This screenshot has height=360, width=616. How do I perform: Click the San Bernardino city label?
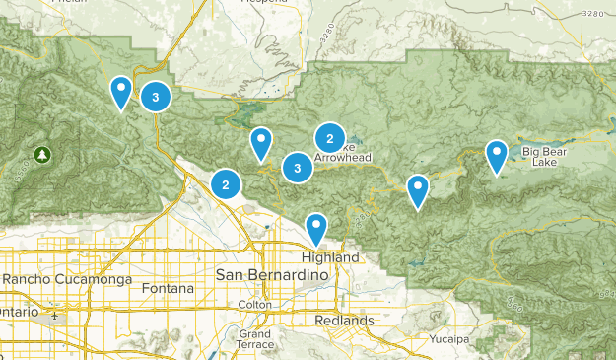(263, 272)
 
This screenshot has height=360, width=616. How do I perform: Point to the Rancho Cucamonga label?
(66, 279)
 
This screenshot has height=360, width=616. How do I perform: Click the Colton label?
(254, 305)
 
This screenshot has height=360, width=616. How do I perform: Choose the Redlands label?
(345, 321)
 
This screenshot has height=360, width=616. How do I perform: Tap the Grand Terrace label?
(254, 339)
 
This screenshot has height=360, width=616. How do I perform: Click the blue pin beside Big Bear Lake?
(497, 155)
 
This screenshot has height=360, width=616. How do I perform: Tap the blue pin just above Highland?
(315, 228)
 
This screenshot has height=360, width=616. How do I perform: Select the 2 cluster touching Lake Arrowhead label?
(329, 139)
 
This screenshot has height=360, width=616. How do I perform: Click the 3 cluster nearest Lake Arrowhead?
(298, 169)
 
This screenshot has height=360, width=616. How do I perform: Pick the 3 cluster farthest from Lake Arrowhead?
(156, 97)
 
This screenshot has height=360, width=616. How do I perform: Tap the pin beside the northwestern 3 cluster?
(120, 92)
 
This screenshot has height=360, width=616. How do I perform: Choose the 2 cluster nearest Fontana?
(227, 183)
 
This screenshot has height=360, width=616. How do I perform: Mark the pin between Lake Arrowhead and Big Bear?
(419, 189)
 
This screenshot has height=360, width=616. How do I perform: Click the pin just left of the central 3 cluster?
(260, 143)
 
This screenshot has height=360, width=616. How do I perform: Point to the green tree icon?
(42, 155)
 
